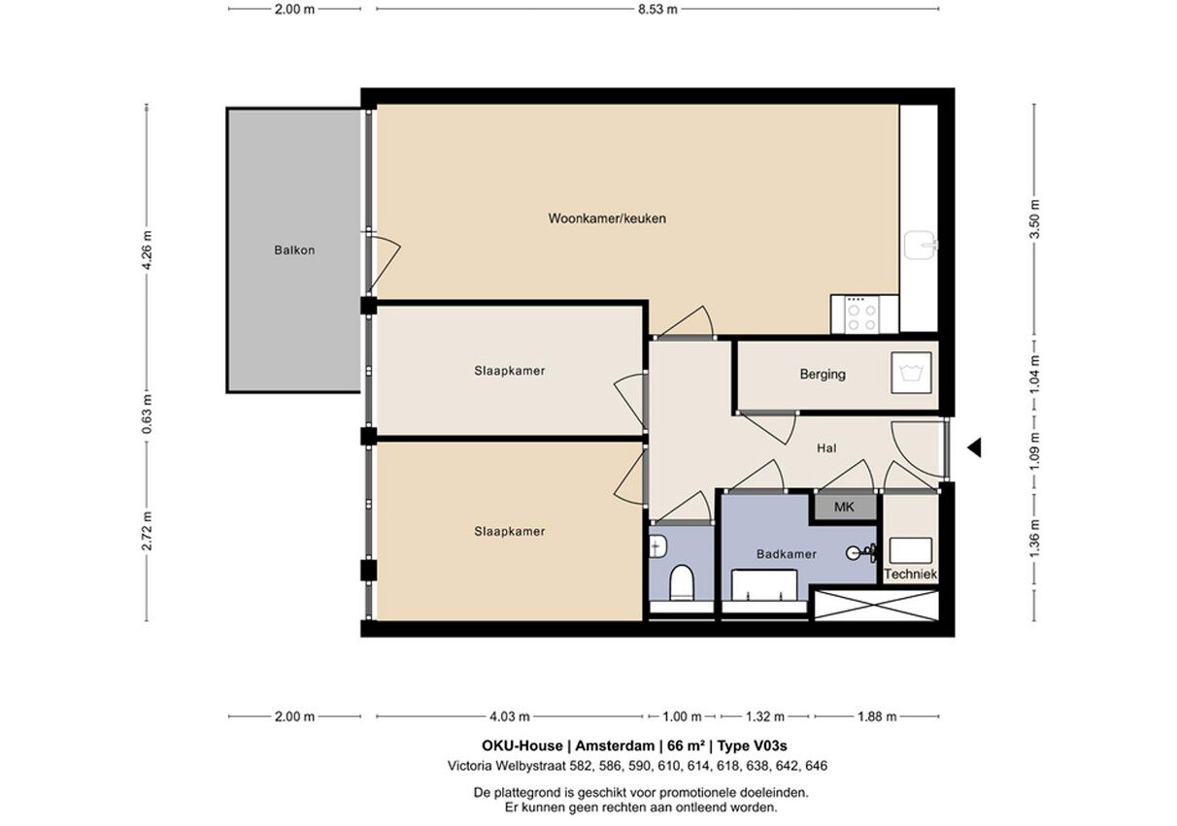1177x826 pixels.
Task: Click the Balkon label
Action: (294, 250)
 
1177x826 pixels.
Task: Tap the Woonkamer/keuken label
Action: (607, 218)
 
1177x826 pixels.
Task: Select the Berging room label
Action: (823, 375)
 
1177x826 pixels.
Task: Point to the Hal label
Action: (826, 447)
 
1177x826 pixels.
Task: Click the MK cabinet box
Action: (845, 507)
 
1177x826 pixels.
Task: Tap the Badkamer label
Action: (786, 554)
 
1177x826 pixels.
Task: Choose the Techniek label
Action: (911, 575)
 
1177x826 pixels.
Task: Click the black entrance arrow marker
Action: (975, 447)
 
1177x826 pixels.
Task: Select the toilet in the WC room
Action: (683, 582)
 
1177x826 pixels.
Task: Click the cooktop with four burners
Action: (861, 314)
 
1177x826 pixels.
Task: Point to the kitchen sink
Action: (921, 245)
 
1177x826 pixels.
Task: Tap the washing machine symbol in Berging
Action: (911, 373)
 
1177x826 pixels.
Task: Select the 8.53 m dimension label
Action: (657, 9)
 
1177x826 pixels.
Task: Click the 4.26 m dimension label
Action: (148, 250)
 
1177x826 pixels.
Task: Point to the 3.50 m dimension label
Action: (1034, 219)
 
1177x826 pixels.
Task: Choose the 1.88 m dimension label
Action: (877, 716)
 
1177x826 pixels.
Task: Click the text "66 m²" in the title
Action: (686, 745)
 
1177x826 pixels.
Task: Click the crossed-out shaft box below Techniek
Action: (877, 605)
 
